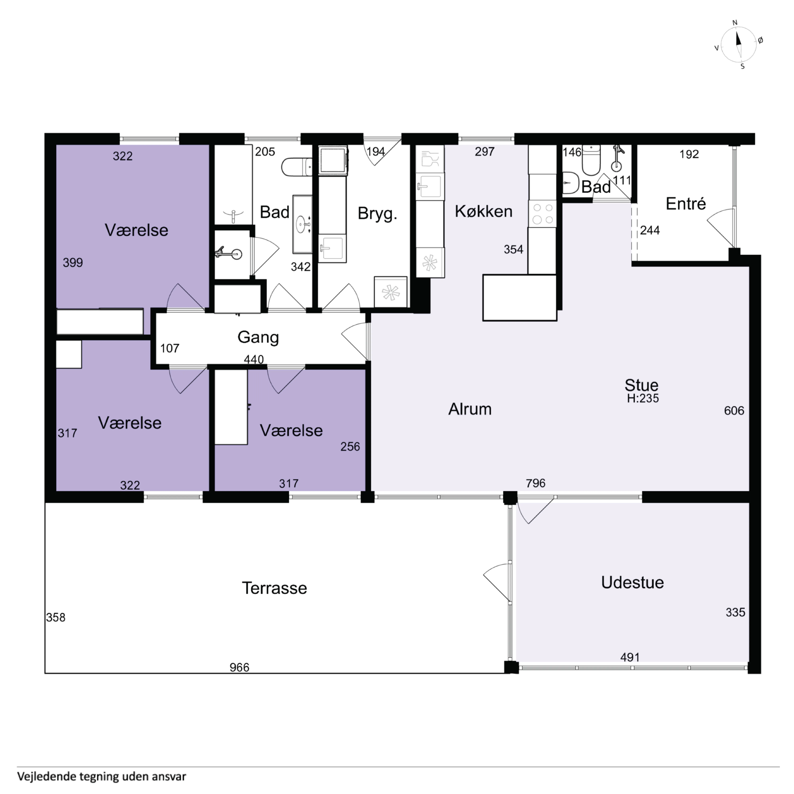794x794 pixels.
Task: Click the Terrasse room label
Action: [274, 588]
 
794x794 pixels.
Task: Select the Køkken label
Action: [483, 211]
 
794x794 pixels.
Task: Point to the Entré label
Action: [685, 203]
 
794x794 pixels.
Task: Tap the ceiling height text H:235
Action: [643, 398]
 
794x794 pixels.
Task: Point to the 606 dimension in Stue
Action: [734, 411]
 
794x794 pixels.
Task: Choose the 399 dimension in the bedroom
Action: [73, 263]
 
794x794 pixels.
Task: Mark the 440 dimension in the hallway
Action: [254, 360]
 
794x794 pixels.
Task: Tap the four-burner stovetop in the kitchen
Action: [543, 214]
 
